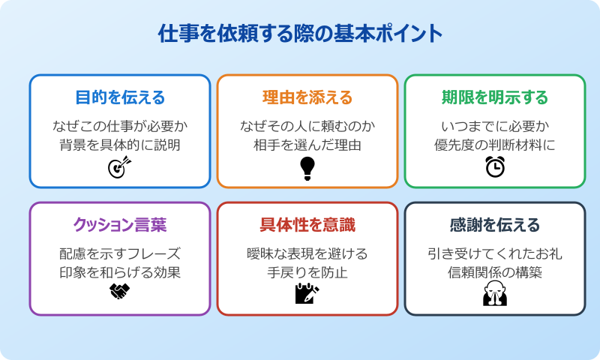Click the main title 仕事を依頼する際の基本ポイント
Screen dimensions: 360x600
[300, 34]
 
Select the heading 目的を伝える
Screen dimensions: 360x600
[120, 97]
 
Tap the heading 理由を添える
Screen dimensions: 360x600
[307, 97]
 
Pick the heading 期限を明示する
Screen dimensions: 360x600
[495, 97]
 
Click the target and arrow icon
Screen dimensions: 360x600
[120, 167]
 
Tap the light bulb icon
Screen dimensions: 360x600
[307, 168]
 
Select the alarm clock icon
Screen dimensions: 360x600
[495, 167]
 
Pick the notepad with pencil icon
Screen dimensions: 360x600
[307, 293]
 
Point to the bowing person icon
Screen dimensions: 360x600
[495, 294]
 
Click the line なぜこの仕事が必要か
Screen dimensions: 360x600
[120, 125]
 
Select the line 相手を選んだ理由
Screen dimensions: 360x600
[307, 145]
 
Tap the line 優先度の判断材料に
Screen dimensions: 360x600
[495, 145]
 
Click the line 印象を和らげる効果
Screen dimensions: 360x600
[120, 271]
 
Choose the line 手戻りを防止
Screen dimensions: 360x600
[307, 271]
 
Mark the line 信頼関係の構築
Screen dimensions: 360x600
[495, 271]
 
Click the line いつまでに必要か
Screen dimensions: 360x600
[495, 125]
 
